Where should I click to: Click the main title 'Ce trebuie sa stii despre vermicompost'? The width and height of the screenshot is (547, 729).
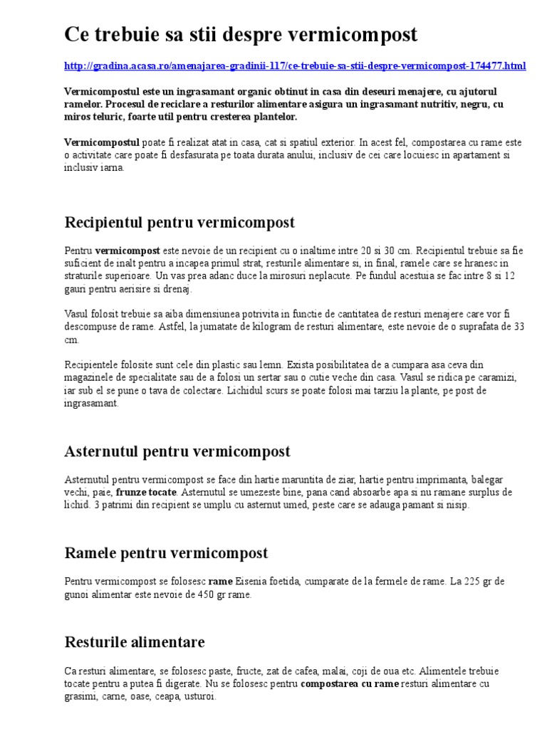[241, 35]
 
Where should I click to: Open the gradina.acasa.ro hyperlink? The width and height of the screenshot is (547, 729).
[295, 66]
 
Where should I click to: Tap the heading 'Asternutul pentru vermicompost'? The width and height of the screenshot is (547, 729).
[177, 451]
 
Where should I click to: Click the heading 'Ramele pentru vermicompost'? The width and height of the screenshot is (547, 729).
[166, 553]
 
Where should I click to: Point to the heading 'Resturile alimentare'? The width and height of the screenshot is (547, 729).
[135, 642]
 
